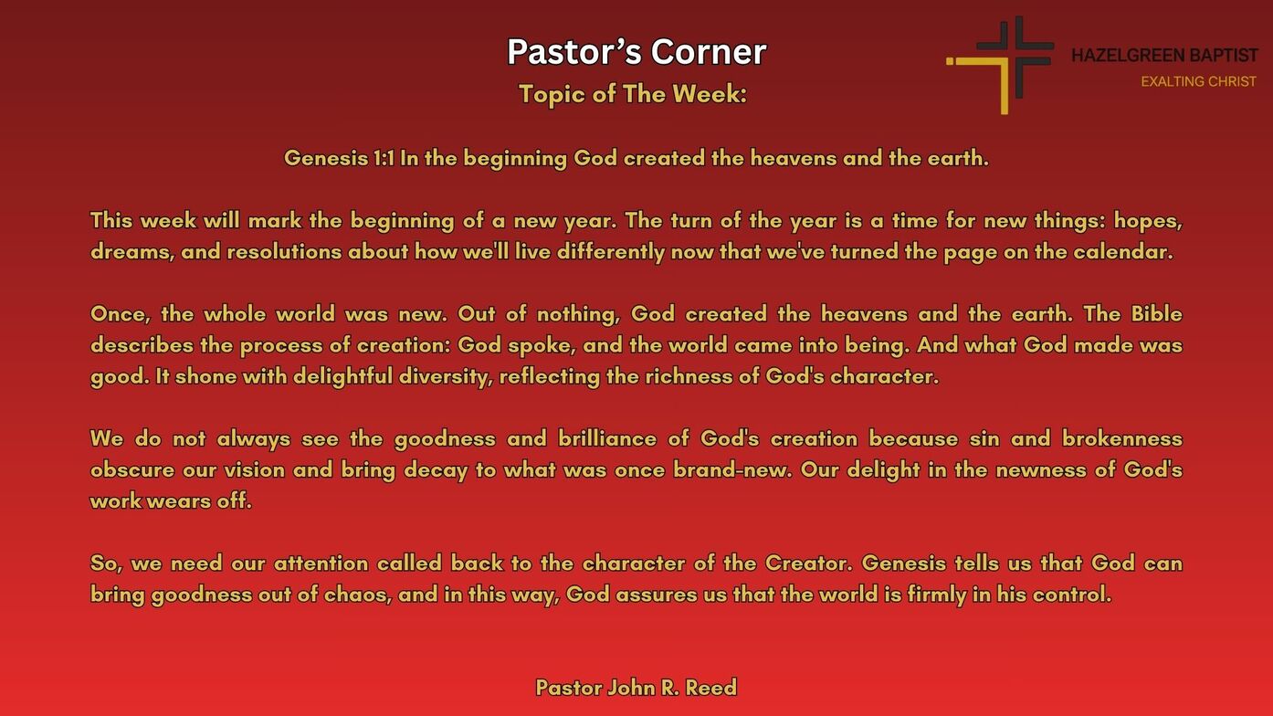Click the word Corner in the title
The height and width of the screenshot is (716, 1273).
[x=709, y=52]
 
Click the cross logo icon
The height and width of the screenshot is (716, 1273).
[x=1001, y=65]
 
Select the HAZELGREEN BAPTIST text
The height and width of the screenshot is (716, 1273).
[x=1164, y=55]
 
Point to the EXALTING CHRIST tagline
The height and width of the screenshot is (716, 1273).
[x=1198, y=82]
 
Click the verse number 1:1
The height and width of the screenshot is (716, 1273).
[x=384, y=158]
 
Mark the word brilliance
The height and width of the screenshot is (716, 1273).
[x=607, y=438]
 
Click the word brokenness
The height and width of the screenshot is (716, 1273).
[x=1121, y=438]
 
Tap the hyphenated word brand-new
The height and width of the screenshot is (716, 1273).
[x=732, y=470]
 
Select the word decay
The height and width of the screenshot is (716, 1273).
[x=436, y=470]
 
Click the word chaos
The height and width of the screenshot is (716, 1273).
[x=357, y=595]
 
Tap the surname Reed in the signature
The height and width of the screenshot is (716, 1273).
[x=711, y=688]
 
